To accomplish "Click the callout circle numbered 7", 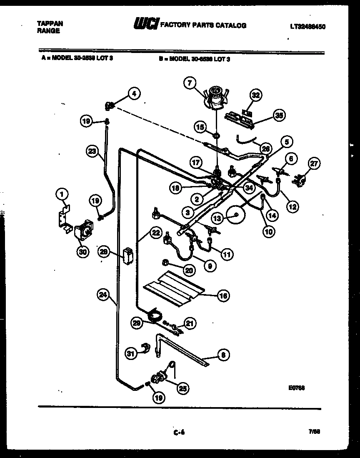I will coord(190,83).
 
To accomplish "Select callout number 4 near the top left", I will coord(134,94).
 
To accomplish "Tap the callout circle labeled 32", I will coord(256,96).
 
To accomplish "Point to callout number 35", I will coord(278,115).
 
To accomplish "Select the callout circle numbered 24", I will coord(102,295).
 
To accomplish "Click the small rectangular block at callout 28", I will coord(128,256).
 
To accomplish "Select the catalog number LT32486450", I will coord(307,26).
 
